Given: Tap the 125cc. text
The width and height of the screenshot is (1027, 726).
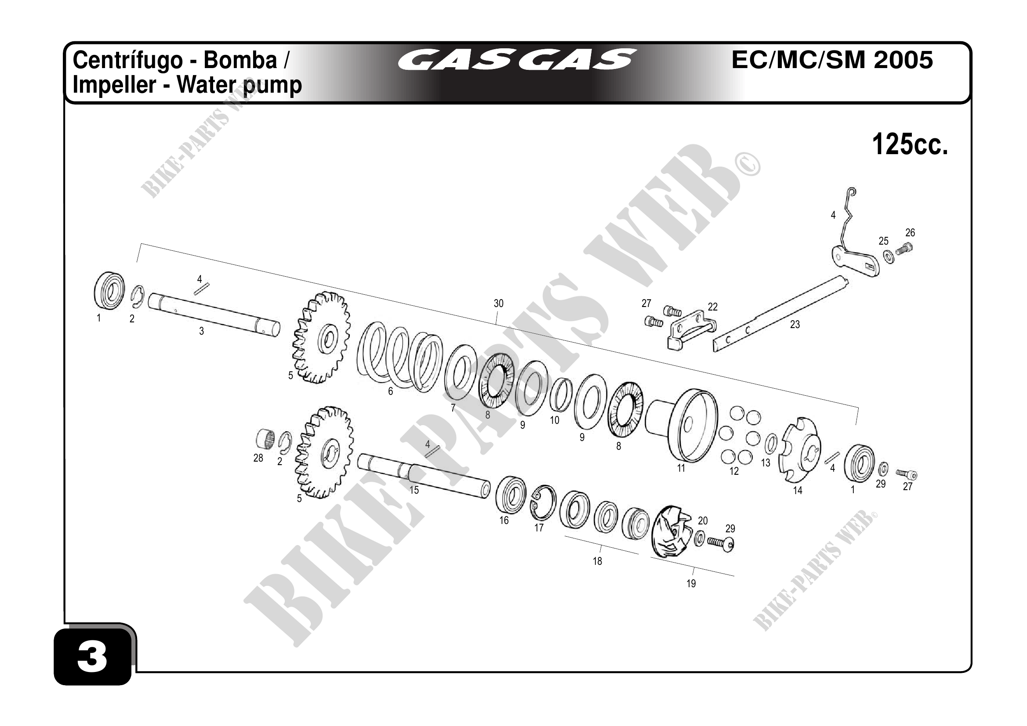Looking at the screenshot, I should pos(910,144).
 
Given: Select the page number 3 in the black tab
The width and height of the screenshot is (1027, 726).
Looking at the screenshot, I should pos(92,657).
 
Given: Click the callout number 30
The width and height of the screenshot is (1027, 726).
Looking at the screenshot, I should pos(498,303).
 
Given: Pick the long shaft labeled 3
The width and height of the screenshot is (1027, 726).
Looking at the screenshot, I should pos(214,316).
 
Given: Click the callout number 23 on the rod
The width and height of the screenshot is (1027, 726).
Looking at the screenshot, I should pos(795,325).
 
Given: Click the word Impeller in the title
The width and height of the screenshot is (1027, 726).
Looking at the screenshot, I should pos(114,85).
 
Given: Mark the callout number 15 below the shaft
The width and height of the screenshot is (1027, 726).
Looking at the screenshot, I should pos(414,490).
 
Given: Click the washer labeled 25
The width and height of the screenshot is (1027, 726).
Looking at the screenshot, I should pos(889,256).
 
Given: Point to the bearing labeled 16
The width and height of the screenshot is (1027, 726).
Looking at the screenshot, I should pos(510,495).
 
